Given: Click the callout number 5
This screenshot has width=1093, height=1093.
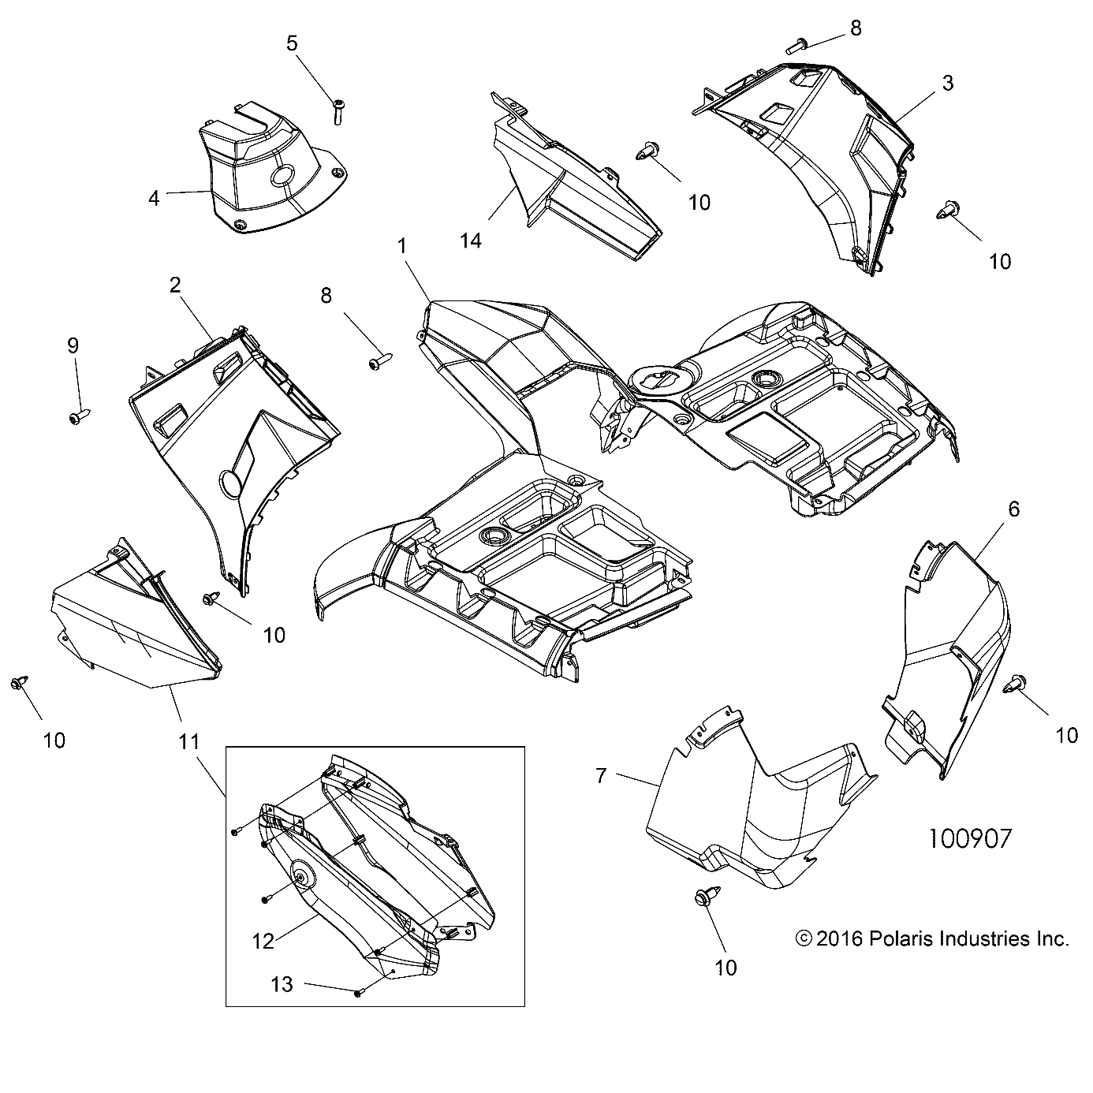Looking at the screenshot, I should tap(293, 43).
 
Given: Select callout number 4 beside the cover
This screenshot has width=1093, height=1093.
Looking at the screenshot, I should tap(154, 198).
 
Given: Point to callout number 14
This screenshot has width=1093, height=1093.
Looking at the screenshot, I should tap(470, 241).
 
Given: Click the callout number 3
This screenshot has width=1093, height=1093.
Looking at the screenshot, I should tap(948, 83).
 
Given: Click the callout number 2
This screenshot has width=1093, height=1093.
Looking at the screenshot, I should tap(175, 285).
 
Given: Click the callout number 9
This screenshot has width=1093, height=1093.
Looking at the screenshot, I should tap(73, 345).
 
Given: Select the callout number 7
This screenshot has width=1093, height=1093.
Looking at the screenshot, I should tap(601, 777).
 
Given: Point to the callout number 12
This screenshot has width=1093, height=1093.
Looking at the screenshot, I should tap(263, 941).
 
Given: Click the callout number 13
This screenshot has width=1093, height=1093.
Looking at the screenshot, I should tap(282, 984).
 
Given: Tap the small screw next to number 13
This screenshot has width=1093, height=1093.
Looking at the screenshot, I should tap(357, 993).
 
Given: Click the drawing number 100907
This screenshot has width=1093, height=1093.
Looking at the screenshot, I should tap(968, 837).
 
